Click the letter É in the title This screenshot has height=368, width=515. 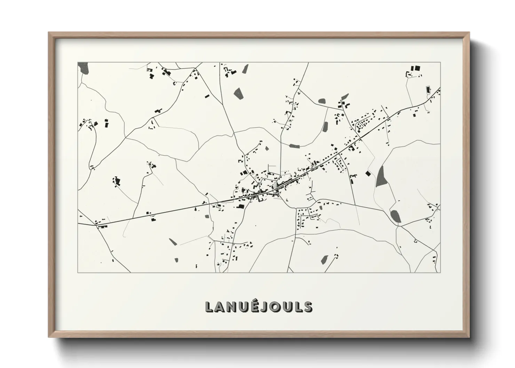pos(257,306)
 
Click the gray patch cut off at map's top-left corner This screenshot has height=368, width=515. pos(83,67)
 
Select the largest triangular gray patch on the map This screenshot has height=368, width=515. pos(381,176)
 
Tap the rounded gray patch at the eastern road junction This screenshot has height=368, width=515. pos(395,217)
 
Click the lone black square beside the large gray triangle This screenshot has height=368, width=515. pos(368,173)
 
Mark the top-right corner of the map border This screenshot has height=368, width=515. pos(440,62)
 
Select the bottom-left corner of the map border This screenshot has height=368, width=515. pos(78,272)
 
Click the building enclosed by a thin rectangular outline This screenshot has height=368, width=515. pos(428,90)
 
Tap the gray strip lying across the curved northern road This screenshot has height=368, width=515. pos(294,146)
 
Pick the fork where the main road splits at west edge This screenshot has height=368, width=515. pos(95,225)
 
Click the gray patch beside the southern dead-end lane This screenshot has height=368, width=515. pos(325,258)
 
